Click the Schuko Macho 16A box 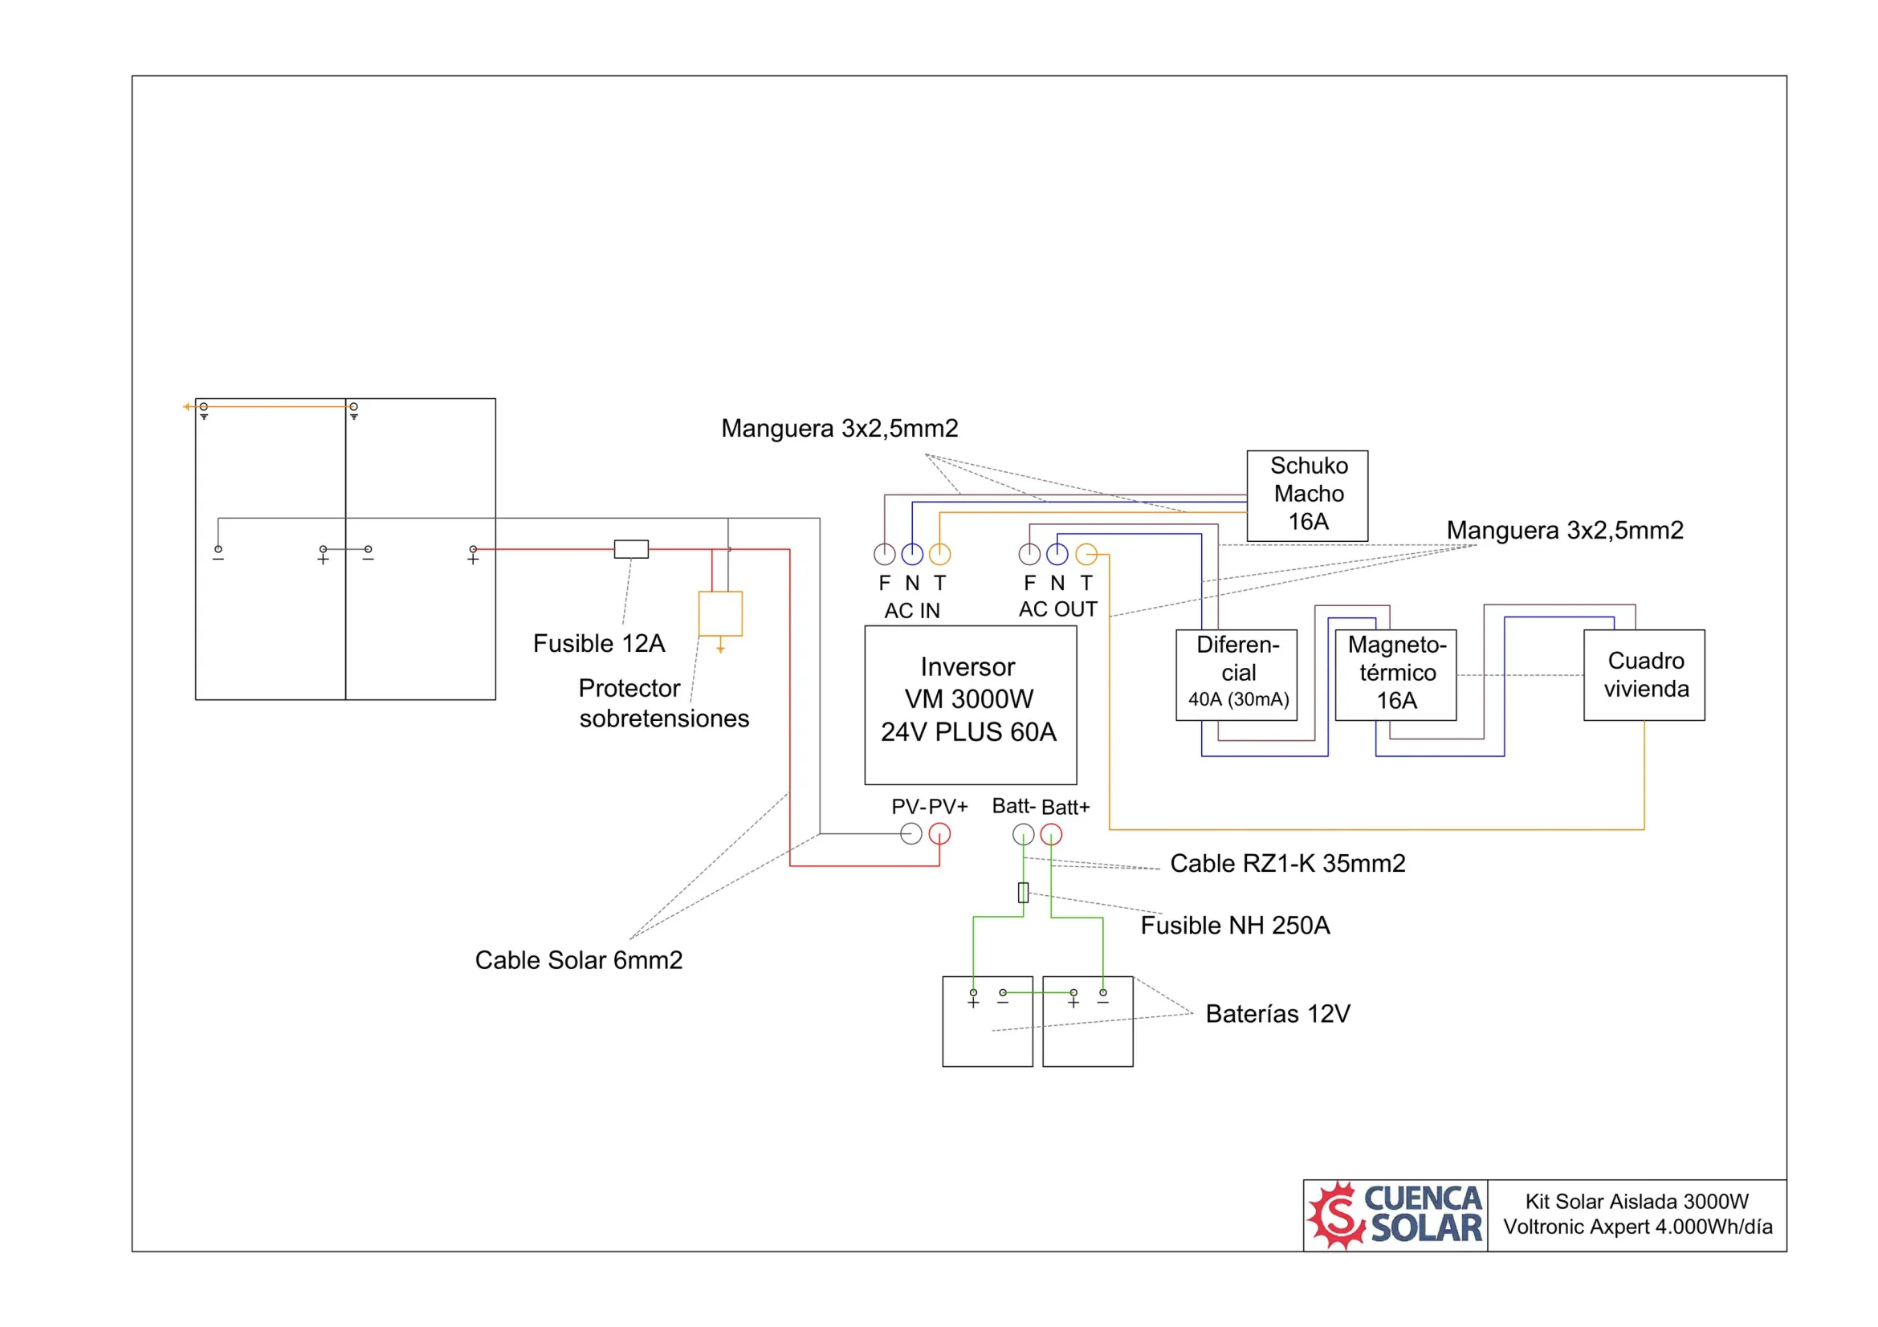click(1307, 495)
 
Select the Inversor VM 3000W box click(970, 705)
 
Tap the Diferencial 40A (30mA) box click(1236, 674)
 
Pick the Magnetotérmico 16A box click(1395, 674)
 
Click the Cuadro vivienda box click(1644, 674)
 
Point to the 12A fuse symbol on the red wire click(630, 548)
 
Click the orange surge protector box click(719, 613)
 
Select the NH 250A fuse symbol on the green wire click(1023, 892)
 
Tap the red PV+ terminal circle click(940, 834)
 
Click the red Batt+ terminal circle click(1051, 834)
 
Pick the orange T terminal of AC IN click(940, 554)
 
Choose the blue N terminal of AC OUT click(1057, 554)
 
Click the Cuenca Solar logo click(1395, 1215)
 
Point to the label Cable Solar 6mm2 click(578, 960)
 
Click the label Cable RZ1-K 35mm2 click(1287, 864)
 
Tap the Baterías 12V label click(1277, 1014)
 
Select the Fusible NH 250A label click(1235, 926)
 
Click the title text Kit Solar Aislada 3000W click(1636, 1201)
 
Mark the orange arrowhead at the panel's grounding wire click(186, 406)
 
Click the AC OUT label click(1057, 609)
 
